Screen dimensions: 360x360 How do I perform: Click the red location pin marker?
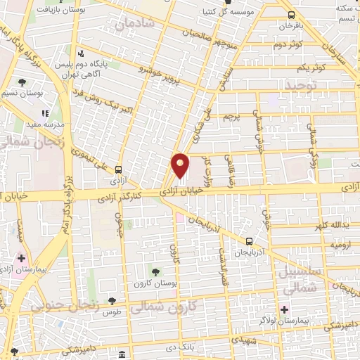point(181,166)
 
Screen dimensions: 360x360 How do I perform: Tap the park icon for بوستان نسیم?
point(23,82)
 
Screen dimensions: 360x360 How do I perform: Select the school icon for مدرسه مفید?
point(45,112)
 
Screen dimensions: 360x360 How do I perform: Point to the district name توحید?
point(301,85)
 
